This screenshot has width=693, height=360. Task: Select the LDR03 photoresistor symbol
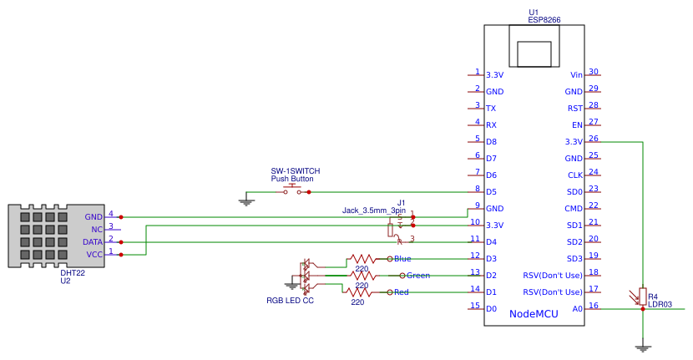coord(642,295)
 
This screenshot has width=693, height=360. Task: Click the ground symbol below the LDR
coord(642,346)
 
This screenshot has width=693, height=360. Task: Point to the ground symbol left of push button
coord(246,200)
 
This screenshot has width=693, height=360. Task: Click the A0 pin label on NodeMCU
coord(577,309)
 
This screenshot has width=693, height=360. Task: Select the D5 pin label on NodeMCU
coord(492,192)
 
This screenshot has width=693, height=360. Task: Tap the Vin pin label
coord(576,75)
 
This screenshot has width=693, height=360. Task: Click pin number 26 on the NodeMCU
coord(594,139)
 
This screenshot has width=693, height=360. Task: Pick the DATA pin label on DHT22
coord(93,242)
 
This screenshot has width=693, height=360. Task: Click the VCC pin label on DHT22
coord(94,255)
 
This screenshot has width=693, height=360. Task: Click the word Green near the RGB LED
coord(418,275)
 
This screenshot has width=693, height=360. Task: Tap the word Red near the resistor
coord(402,292)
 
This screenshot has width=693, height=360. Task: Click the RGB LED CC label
coord(290,300)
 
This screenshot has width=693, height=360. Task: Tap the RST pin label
coord(574,109)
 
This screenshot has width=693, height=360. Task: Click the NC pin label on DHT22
coord(97,229)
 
